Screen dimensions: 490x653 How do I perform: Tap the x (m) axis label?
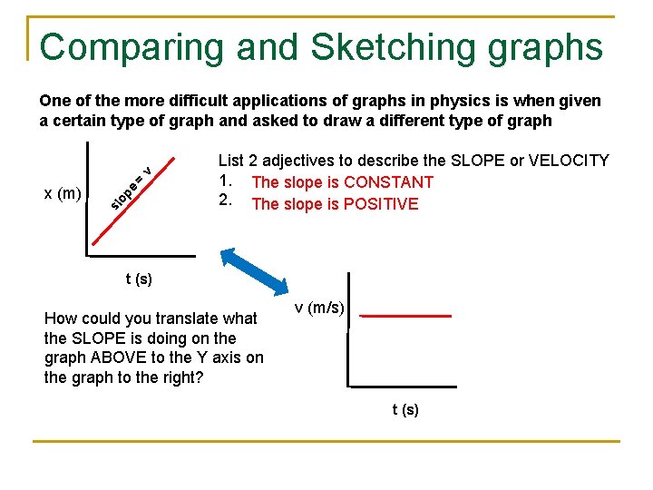pos(63,192)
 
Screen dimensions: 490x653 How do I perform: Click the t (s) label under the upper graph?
pos(139,279)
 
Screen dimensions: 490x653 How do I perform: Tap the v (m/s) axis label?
pos(319,308)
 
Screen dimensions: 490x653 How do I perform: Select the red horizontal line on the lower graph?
pos(405,316)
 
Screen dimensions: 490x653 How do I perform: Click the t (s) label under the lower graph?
pos(405,410)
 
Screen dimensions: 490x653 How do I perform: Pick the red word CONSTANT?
pos(387,182)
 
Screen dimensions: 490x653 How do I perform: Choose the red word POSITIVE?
pos(380,204)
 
